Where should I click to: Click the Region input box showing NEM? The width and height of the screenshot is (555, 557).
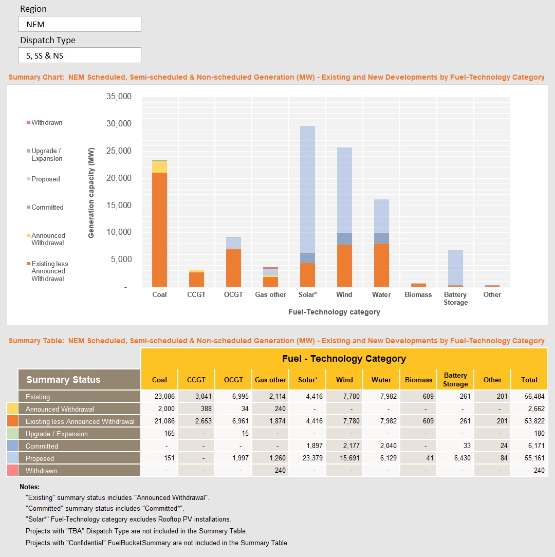79,24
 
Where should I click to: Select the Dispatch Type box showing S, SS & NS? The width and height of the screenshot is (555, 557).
79,55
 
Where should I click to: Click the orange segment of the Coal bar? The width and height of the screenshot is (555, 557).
159,229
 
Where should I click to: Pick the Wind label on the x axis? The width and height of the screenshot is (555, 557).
344,294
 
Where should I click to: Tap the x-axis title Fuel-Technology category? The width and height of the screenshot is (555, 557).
334,312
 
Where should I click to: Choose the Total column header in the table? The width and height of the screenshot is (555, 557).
529,380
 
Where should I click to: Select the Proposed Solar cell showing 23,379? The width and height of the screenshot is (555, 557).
307,458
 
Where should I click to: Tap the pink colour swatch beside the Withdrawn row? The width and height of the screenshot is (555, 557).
12,471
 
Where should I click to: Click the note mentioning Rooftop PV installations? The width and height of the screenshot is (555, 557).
128,519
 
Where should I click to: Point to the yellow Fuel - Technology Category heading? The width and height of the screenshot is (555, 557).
344,359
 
